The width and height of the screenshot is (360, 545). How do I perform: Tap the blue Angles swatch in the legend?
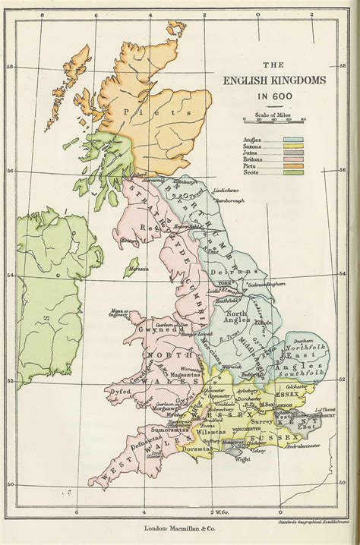(x=292, y=140)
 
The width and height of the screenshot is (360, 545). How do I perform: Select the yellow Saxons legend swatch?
(x=292, y=147)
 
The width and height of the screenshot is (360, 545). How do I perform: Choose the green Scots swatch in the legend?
(x=292, y=172)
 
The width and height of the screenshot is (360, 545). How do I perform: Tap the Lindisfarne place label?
(x=227, y=189)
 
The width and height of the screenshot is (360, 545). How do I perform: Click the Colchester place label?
(x=296, y=386)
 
